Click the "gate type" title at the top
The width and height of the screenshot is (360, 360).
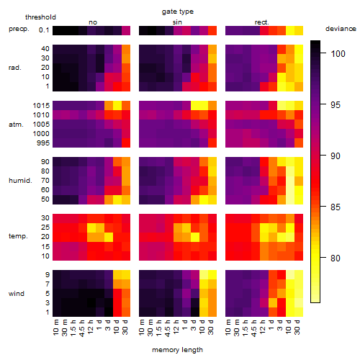[x=178, y=12]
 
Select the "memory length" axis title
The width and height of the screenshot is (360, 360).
[x=177, y=350]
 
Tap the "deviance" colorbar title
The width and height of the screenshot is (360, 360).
[x=341, y=29]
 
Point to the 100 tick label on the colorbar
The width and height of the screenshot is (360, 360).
[x=338, y=53]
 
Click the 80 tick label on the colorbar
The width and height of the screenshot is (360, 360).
[x=336, y=258]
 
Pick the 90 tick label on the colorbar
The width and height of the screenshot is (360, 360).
[x=336, y=156]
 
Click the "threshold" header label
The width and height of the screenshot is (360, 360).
[x=40, y=17]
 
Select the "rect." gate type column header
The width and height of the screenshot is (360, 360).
[x=262, y=22]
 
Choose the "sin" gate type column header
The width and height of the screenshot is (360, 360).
[x=177, y=22]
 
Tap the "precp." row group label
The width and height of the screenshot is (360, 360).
[x=19, y=29]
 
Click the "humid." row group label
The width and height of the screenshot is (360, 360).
[x=20, y=181]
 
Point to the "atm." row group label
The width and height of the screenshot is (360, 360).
[x=16, y=125]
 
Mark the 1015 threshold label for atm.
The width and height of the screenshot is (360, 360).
[x=41, y=106]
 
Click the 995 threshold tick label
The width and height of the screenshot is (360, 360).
[x=43, y=143]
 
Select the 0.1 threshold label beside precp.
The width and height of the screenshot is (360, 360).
[x=44, y=30]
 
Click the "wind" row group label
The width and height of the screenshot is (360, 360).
[x=17, y=294]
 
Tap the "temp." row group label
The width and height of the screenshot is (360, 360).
[x=18, y=236]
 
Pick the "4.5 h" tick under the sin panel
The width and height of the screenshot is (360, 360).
[x=168, y=328]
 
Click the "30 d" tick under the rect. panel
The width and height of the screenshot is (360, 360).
[x=297, y=327]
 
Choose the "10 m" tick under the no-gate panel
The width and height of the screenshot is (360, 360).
[x=55, y=328]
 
